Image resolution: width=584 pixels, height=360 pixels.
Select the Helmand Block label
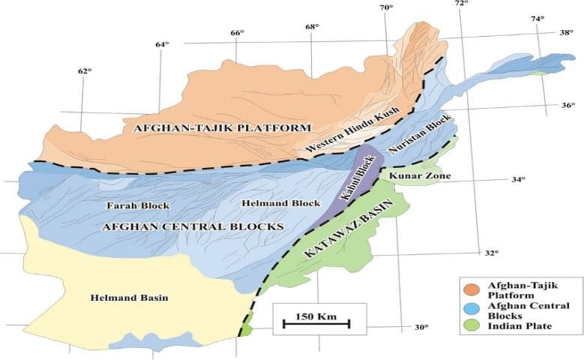click(x=271, y=203)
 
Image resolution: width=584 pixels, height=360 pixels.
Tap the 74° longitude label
click(x=538, y=19)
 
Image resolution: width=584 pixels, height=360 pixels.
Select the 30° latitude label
click(x=422, y=327)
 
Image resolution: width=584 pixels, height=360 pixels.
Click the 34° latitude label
click(x=518, y=180)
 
